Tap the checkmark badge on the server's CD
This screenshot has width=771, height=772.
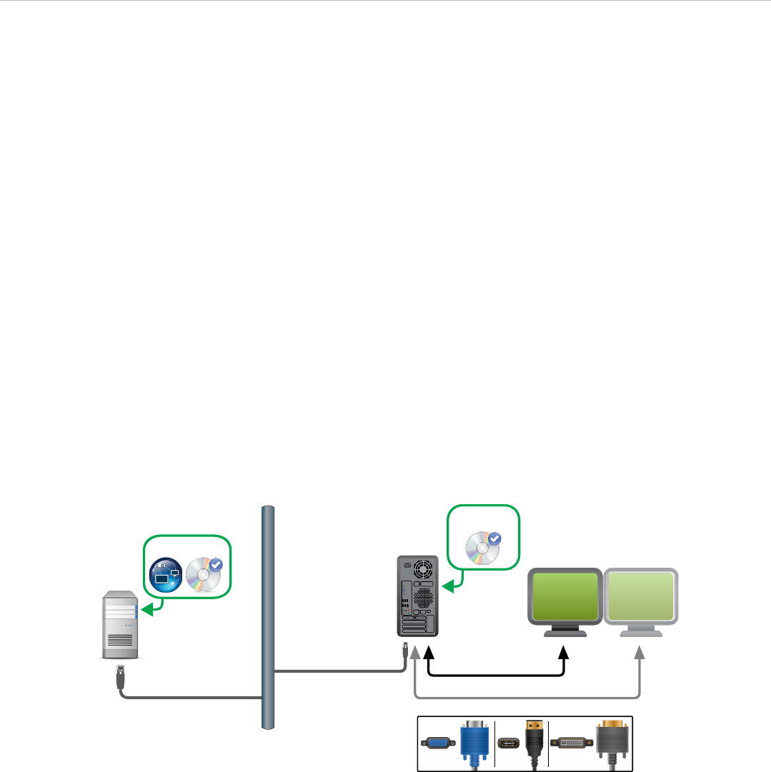217,565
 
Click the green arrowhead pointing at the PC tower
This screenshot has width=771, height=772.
447,587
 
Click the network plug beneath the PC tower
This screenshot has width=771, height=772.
406,650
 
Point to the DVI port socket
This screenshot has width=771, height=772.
572,743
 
